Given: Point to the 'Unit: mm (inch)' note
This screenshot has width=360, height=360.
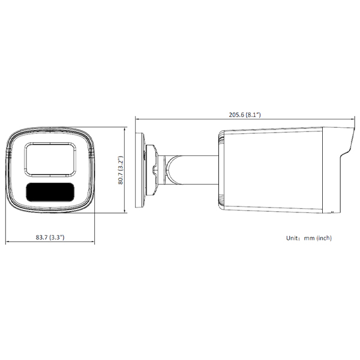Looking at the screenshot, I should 308,238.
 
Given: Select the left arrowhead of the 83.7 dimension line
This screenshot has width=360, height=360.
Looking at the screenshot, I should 7,243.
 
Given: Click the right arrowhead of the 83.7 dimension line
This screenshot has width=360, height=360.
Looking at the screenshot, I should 93,243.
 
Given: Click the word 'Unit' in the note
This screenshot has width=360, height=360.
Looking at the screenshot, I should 291,238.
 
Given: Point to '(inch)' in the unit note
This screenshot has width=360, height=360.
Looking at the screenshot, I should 324,238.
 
